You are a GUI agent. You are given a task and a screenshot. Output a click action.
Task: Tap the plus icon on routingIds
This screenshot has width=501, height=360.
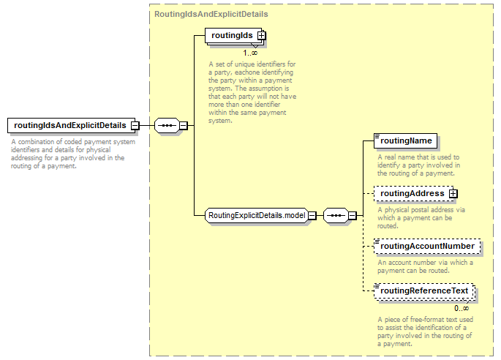click(261, 36)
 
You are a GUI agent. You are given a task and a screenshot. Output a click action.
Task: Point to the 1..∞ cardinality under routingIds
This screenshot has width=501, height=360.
click(250, 53)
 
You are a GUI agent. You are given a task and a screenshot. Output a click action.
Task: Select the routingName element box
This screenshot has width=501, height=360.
click(405, 141)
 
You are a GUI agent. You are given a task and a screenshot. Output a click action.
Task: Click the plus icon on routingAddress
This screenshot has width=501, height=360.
click(453, 193)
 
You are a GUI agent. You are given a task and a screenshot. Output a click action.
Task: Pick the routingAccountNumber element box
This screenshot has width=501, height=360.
click(427, 246)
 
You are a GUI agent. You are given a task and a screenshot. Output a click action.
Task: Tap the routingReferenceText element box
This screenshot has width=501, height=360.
click(424, 291)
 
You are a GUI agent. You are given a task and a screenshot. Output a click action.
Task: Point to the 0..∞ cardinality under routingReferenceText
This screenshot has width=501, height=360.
click(462, 309)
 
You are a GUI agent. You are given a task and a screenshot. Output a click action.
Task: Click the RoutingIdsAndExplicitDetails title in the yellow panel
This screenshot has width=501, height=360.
click(211, 15)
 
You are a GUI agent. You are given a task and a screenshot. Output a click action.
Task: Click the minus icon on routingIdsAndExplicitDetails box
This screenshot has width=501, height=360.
click(135, 126)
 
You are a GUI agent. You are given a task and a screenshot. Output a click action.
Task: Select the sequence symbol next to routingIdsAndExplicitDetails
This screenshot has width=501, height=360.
click(167, 126)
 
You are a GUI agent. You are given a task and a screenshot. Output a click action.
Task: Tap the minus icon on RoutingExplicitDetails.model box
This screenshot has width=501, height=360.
click(312, 216)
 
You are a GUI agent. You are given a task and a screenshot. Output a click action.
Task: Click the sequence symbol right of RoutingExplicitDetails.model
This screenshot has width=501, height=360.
click(336, 216)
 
